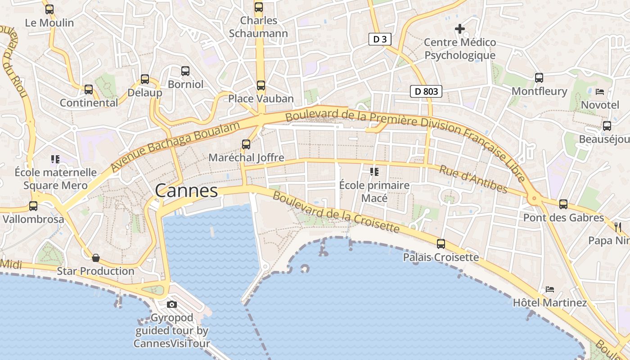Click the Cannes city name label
pos(186,191)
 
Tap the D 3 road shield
pos(380,39)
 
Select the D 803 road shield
pos(426,91)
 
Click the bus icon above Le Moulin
pos(49,9)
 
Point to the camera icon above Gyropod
pos(171,305)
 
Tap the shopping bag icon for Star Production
pos(96,258)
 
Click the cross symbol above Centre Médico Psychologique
pos(459,29)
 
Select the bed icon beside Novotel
pos(600,92)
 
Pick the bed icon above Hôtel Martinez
pos(549,289)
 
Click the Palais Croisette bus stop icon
pos(441,244)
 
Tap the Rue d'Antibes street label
pos(473,179)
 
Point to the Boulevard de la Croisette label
pos(336,213)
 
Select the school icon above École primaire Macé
pos(374,171)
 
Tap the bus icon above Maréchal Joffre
pos(246,144)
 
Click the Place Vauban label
pos(261,99)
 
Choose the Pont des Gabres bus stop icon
pos(563,204)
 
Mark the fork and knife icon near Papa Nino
pos(618,227)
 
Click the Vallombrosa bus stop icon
pos(33,206)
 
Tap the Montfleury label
pos(539,91)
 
